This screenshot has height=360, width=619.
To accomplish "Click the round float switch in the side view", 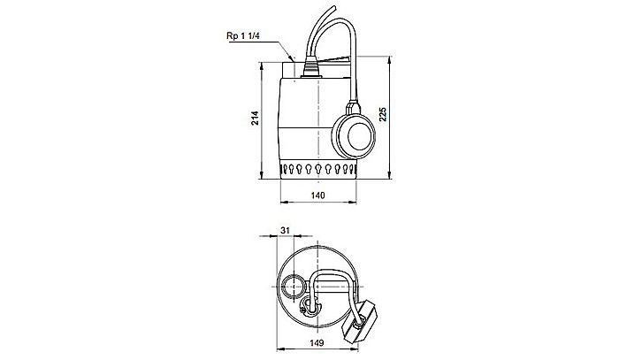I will pos(357,135).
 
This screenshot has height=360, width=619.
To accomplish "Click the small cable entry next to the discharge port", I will pos(308,307).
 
